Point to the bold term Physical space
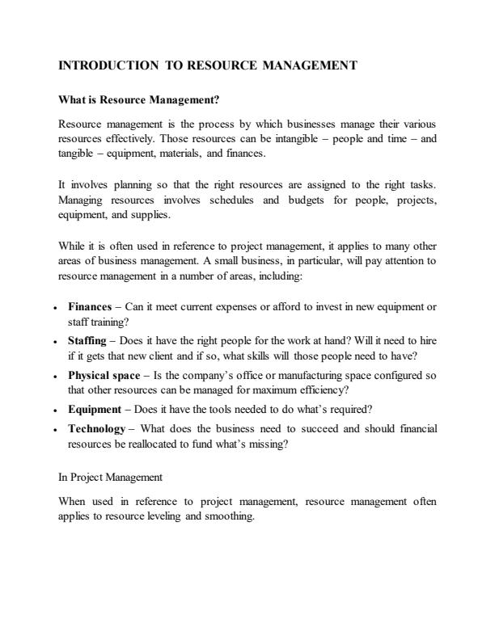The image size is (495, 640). [103, 376]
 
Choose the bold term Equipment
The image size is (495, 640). [95, 409]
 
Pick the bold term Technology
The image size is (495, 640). [96, 428]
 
